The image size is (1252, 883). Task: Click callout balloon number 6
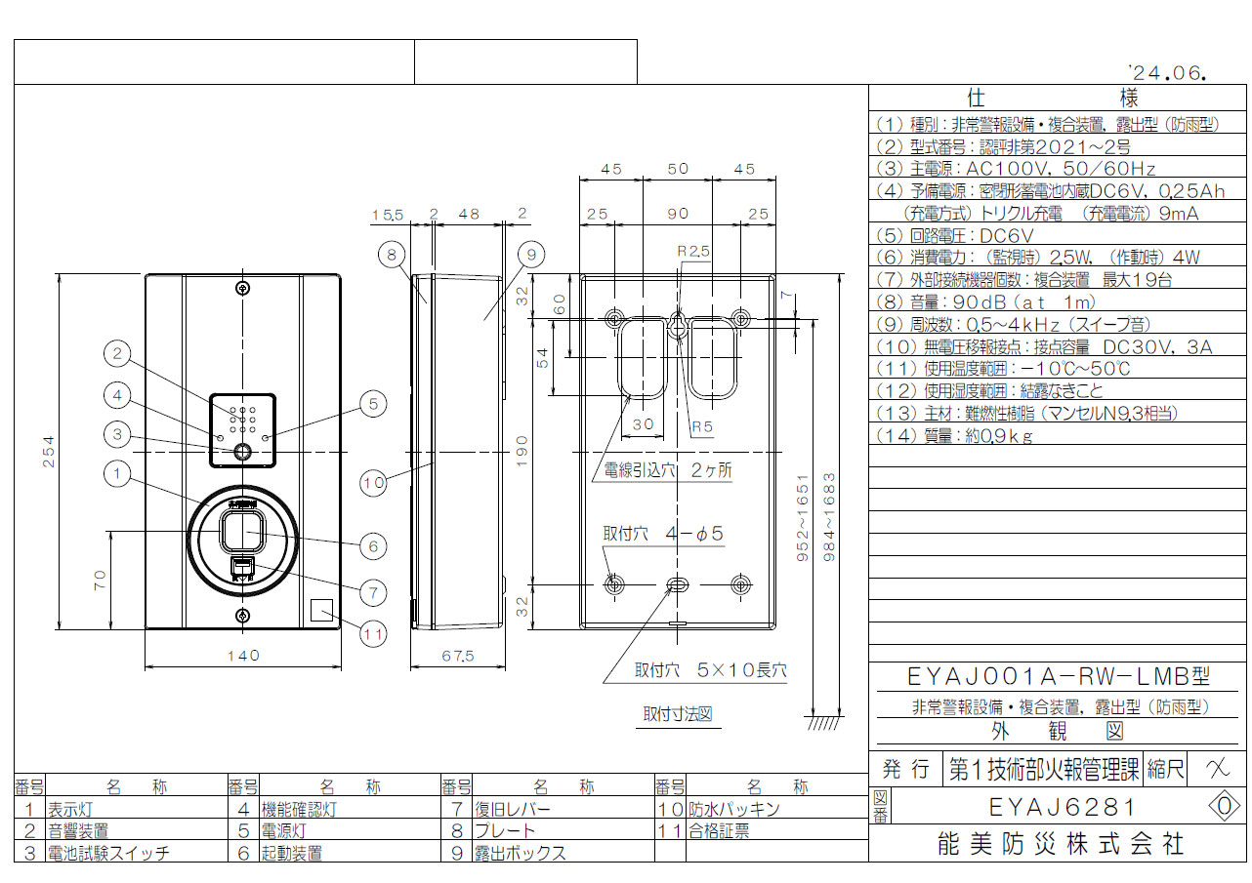click(x=373, y=546)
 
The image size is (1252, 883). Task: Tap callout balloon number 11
click(x=373, y=634)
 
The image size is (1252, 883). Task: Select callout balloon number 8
click(x=392, y=255)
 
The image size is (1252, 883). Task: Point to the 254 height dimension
click(x=49, y=452)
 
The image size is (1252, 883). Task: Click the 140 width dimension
click(x=244, y=655)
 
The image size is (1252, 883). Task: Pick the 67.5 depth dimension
click(x=458, y=656)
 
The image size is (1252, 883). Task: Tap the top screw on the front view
click(x=242, y=288)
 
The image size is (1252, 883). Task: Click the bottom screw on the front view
click(x=242, y=616)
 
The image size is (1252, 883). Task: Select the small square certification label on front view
click(x=321, y=610)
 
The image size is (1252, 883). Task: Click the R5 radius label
click(x=702, y=427)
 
